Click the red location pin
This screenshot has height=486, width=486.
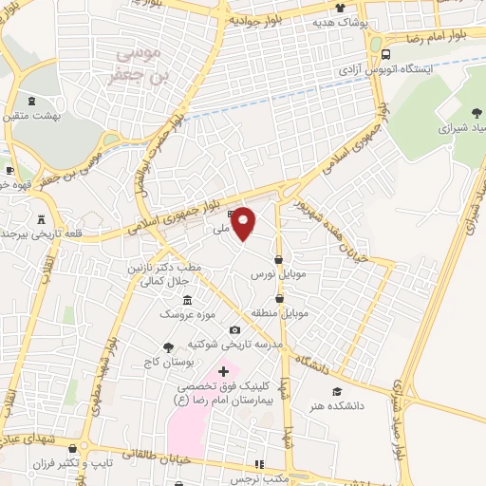point(245,222)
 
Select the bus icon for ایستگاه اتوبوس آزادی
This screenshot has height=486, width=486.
point(386,53)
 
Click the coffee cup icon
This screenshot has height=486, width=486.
point(9,171)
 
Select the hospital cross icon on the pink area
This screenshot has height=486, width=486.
point(223,370)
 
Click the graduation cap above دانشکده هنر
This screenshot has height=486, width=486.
point(336,391)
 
